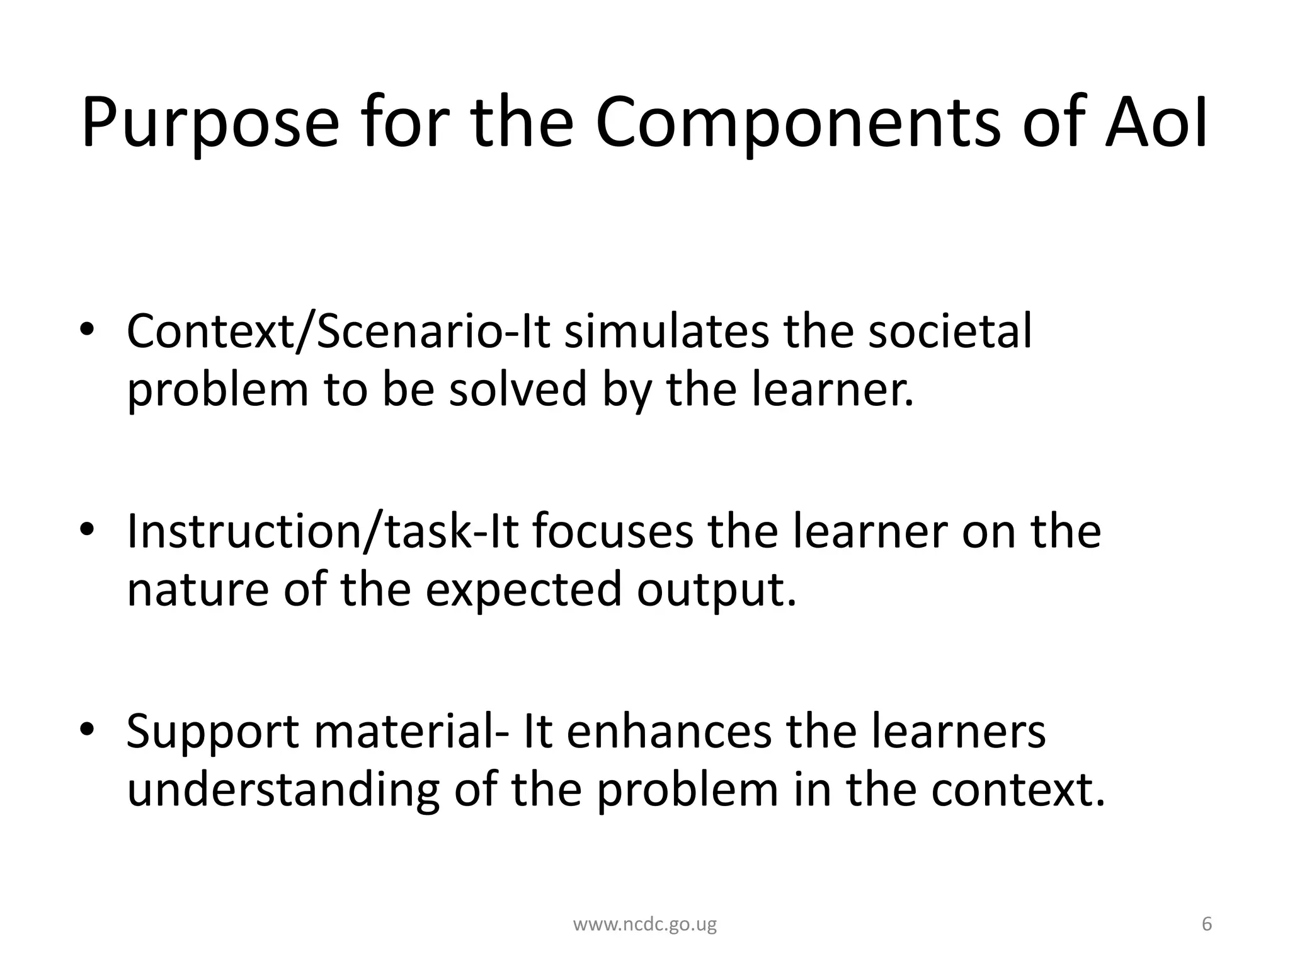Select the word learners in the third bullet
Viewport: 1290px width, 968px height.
point(957,731)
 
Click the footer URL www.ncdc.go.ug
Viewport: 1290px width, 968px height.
point(644,925)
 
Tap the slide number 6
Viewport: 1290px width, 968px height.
point(1207,924)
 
